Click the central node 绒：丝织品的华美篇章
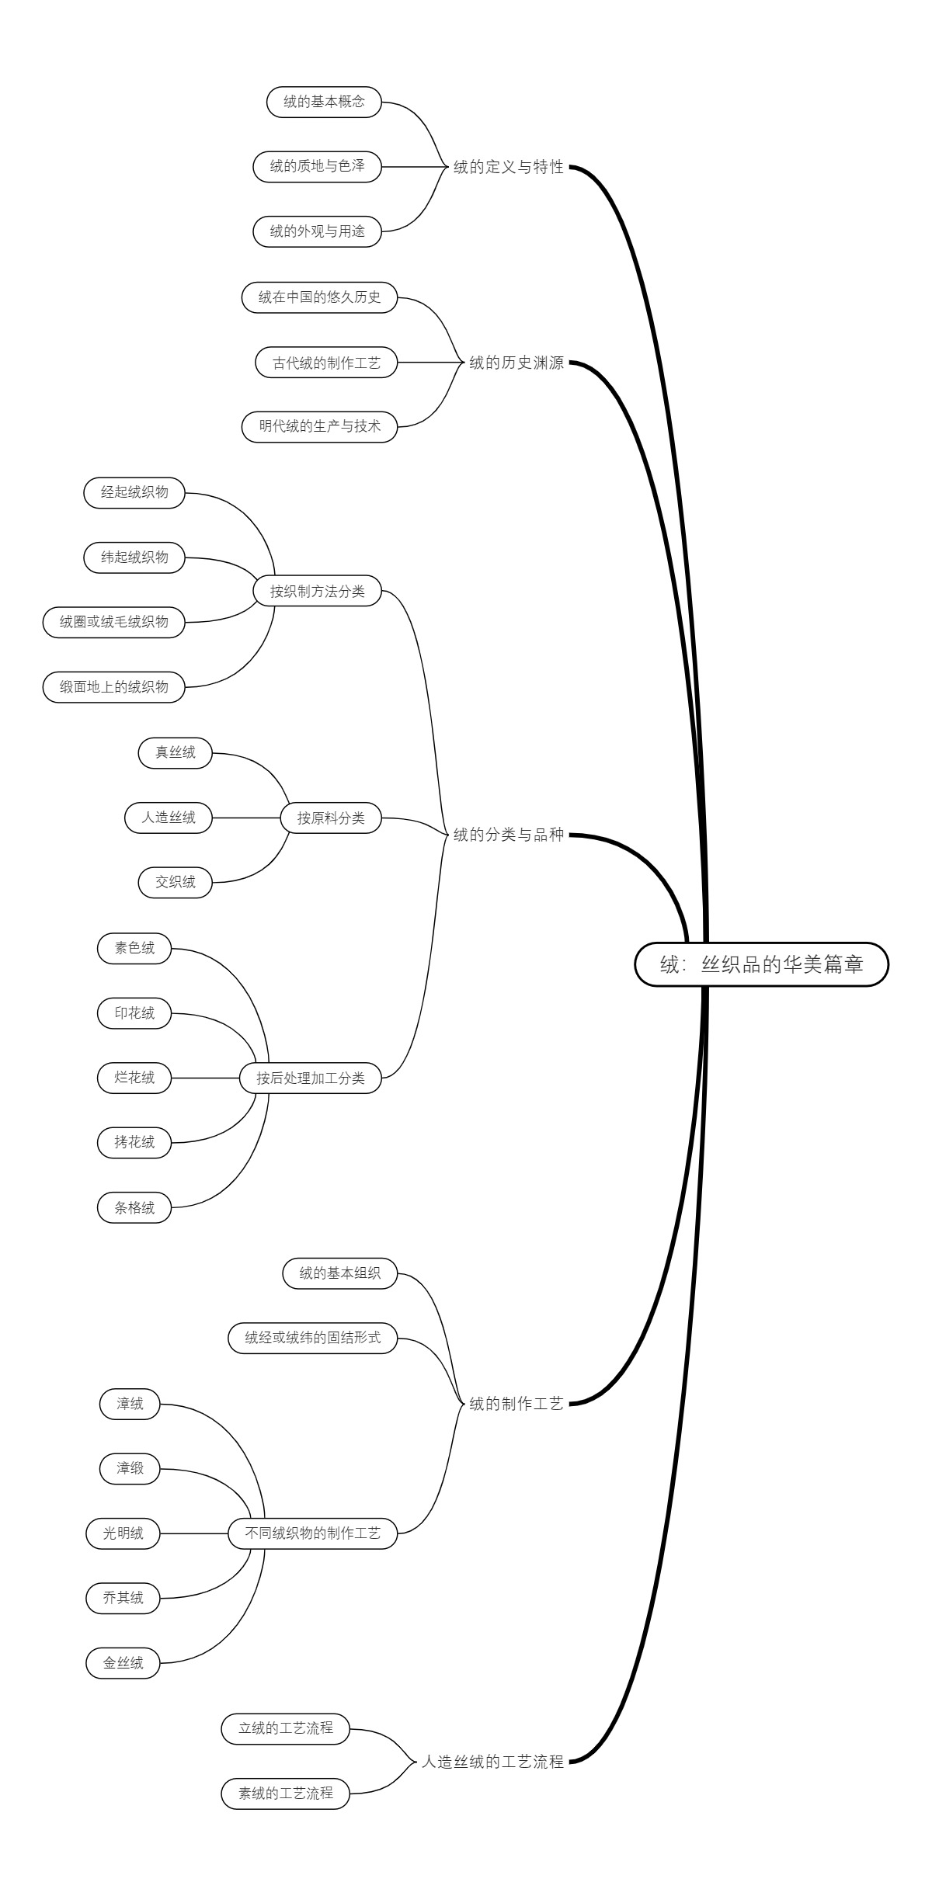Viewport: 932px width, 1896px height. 761,964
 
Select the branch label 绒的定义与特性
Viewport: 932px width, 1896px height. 509,167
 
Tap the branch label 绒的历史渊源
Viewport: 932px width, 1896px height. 516,363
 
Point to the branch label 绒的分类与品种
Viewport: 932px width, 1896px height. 509,835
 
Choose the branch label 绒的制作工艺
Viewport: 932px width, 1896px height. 516,1404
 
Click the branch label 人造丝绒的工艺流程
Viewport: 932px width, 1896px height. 492,1762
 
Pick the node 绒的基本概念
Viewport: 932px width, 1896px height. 324,102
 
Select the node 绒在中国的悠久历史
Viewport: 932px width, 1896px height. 319,297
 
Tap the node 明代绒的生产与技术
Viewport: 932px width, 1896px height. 319,426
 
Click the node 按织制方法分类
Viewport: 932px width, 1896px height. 318,591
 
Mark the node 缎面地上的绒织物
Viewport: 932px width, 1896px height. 114,687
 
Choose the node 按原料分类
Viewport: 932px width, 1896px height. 331,818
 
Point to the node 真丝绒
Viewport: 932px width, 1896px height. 175,752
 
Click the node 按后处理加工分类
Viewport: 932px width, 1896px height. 311,1078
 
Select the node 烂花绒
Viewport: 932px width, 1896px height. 134,1078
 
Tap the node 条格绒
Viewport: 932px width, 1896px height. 134,1208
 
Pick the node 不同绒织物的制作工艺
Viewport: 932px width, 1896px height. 312,1533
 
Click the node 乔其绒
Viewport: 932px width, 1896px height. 123,1598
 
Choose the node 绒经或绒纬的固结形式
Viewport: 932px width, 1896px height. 312,1338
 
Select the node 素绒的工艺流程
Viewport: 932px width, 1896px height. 286,1794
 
